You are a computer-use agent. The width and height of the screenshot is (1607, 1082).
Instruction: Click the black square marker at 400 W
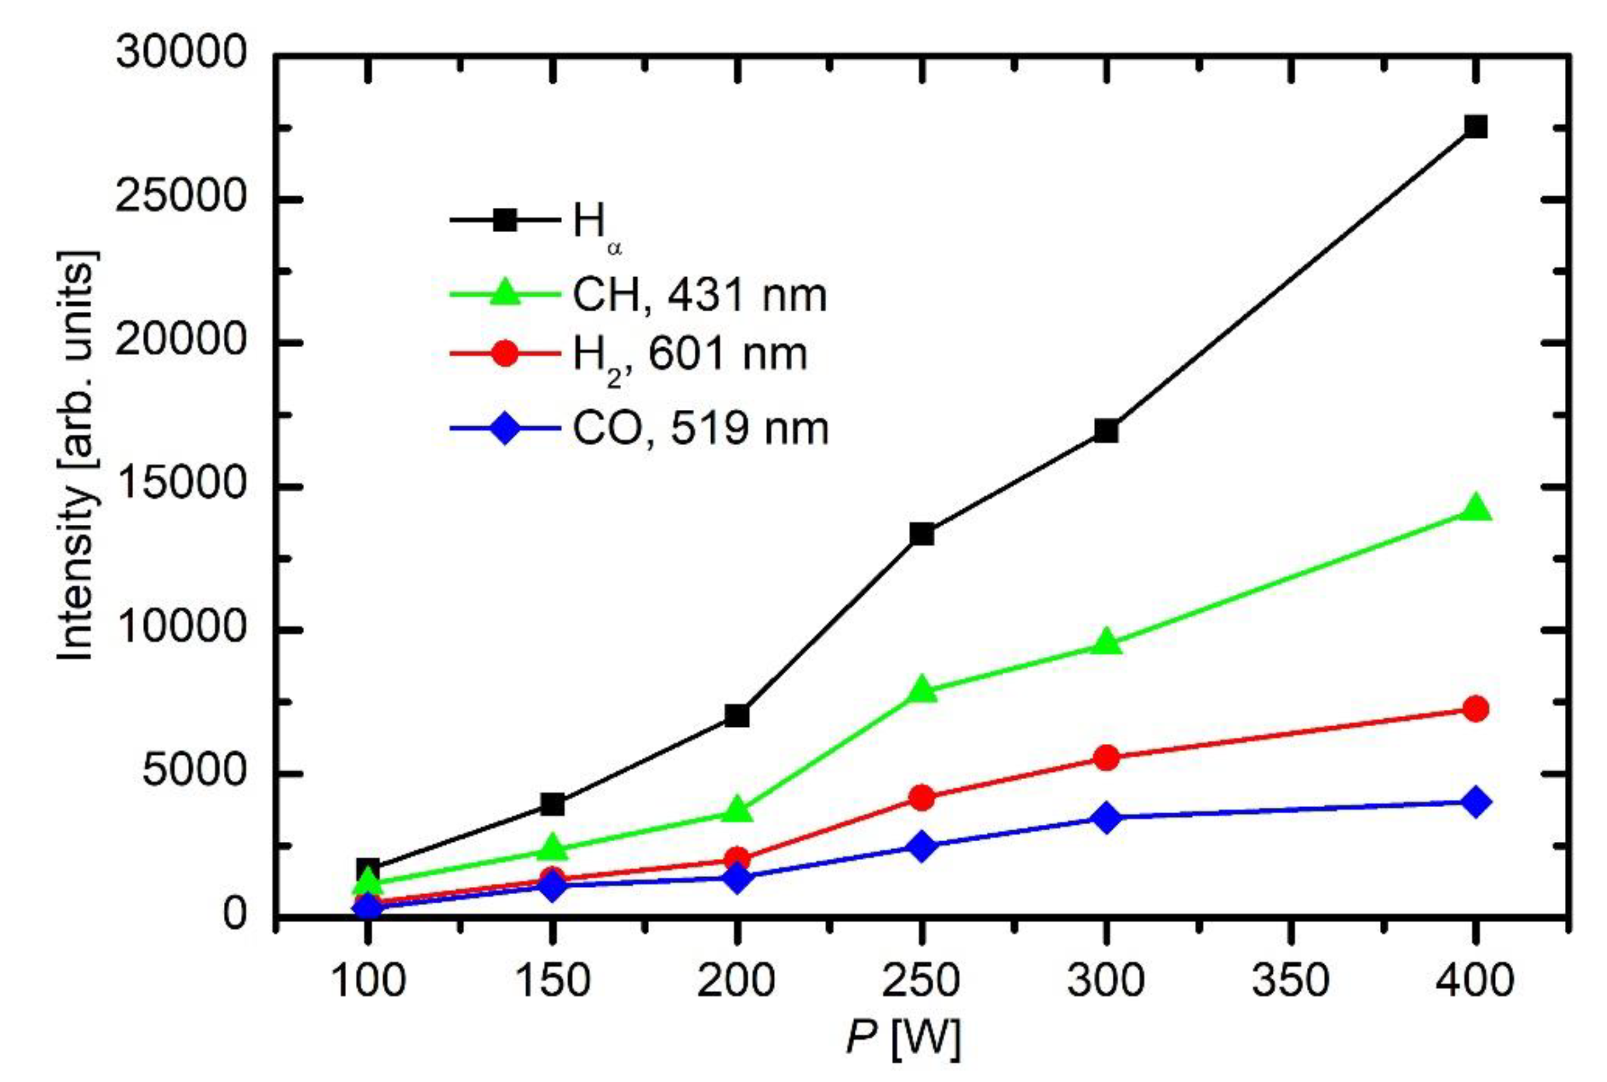(x=1475, y=127)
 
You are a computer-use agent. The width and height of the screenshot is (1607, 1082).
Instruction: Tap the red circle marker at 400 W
(x=1475, y=709)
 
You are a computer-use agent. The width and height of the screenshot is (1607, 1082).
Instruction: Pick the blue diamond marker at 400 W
(x=1475, y=803)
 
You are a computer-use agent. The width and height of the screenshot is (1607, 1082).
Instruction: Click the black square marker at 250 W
(x=921, y=533)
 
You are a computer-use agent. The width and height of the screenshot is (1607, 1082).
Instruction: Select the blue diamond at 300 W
(x=1106, y=818)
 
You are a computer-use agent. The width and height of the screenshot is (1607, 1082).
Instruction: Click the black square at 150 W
(x=552, y=804)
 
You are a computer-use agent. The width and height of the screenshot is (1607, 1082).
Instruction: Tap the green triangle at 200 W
(x=737, y=810)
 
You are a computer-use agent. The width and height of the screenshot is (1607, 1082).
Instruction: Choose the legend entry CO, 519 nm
(x=700, y=429)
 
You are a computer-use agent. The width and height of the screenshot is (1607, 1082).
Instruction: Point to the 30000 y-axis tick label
(x=181, y=53)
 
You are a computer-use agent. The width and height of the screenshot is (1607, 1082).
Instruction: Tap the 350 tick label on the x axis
(x=1290, y=981)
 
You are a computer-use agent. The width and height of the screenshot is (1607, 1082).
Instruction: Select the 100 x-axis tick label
(x=368, y=981)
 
